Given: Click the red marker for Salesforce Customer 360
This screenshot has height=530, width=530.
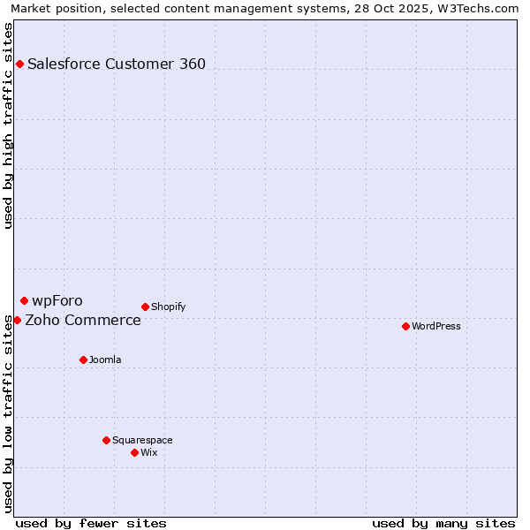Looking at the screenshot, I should tap(19, 64).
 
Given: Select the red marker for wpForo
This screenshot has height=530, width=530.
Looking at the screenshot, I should tap(24, 301).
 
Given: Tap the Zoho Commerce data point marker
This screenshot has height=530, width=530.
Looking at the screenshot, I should tap(18, 320).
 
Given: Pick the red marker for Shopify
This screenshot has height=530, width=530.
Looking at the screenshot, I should tap(145, 307).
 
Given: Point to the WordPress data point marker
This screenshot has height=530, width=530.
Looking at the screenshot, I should tap(405, 327).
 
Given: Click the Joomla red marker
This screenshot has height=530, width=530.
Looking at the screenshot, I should tap(83, 360).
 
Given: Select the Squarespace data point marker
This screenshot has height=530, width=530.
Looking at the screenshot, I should tap(106, 440).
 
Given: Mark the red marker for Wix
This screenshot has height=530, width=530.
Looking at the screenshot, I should tap(134, 452).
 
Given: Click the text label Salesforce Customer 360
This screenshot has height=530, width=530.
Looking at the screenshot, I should tap(117, 64).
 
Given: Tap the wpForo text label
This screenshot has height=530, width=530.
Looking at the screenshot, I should tap(57, 301).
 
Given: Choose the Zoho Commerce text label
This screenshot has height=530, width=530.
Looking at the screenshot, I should tap(83, 320).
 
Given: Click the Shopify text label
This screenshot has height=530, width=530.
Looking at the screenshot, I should tap(168, 307).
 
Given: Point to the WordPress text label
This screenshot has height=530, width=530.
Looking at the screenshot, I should tap(436, 327).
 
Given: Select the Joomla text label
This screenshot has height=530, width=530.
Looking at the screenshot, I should tap(105, 360).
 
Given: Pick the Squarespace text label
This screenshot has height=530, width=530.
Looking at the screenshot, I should tap(142, 440).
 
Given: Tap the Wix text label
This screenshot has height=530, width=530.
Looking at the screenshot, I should tap(149, 452).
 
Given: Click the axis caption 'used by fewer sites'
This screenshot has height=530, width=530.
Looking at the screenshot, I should tap(91, 523).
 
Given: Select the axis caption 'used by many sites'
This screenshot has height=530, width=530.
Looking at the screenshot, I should tap(443, 523).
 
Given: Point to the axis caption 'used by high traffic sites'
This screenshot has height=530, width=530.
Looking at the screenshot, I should tap(9, 125).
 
